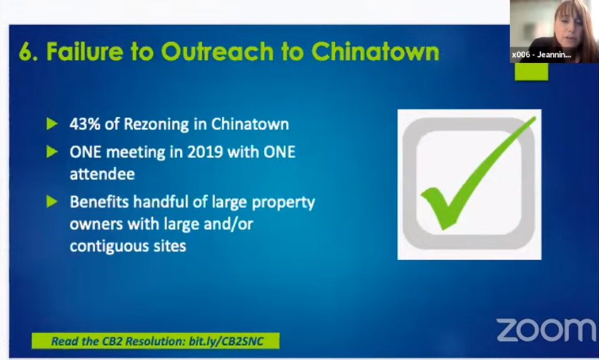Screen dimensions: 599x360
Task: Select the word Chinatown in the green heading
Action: point(375,51)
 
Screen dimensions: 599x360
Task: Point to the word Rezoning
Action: point(157,124)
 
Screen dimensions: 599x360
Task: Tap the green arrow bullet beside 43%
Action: point(52,124)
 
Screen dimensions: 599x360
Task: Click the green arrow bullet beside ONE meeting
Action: point(52,152)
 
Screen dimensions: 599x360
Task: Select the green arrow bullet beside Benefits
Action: point(52,201)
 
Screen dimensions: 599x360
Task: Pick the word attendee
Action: point(102,174)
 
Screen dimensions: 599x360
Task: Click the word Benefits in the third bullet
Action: point(99,201)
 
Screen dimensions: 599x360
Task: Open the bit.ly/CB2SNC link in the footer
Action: point(226,341)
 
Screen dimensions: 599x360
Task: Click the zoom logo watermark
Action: point(546,330)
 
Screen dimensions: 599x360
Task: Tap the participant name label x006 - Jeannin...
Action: point(542,55)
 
